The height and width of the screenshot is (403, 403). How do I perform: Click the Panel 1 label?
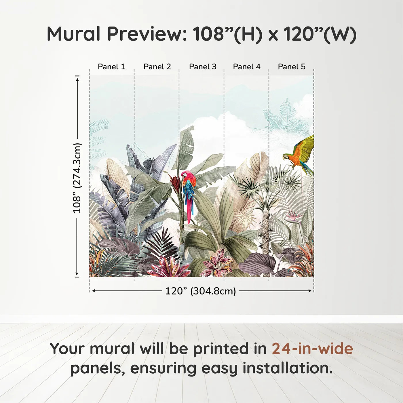111,66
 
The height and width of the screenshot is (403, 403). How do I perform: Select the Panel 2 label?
157,66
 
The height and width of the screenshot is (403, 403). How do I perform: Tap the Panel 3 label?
203,66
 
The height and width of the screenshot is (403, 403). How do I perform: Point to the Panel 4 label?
247,66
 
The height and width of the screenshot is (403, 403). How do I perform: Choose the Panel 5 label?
292,66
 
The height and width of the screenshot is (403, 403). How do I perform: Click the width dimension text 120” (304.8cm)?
200,291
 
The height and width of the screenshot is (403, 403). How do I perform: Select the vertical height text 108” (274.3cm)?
77,178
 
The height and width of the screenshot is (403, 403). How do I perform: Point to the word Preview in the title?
147,34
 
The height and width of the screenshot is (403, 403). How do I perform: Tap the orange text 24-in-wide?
312,349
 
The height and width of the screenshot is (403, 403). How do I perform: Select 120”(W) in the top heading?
320,34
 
